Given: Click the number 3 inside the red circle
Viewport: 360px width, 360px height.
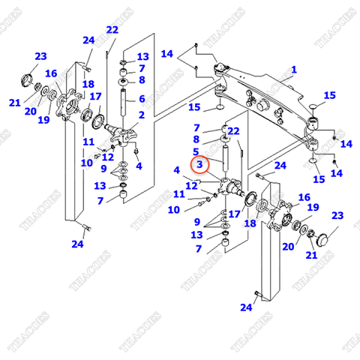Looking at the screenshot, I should pyautogui.click(x=199, y=164).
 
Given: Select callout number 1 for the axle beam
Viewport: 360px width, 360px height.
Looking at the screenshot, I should pyautogui.click(x=294, y=70).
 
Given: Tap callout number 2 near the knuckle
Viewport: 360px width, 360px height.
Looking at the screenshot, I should pyautogui.click(x=140, y=115).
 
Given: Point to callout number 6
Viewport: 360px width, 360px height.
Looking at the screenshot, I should pyautogui.click(x=140, y=98).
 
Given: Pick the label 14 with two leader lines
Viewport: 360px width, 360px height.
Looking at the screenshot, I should pyautogui.click(x=166, y=54).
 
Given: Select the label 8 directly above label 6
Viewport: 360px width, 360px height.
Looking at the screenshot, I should pyautogui.click(x=140, y=80).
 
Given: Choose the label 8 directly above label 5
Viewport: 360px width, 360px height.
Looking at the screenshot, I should pyautogui.click(x=197, y=139).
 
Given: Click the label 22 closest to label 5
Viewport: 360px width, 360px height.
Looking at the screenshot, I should pyautogui.click(x=233, y=131).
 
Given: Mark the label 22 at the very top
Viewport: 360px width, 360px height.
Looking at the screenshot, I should pyautogui.click(x=112, y=30).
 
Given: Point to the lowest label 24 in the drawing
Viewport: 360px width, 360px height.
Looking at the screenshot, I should pyautogui.click(x=247, y=307).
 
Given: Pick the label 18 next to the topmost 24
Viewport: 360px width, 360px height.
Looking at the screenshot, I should pyautogui.click(x=88, y=84).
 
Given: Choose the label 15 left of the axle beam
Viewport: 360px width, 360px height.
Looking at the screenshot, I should pyautogui.click(x=195, y=107).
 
